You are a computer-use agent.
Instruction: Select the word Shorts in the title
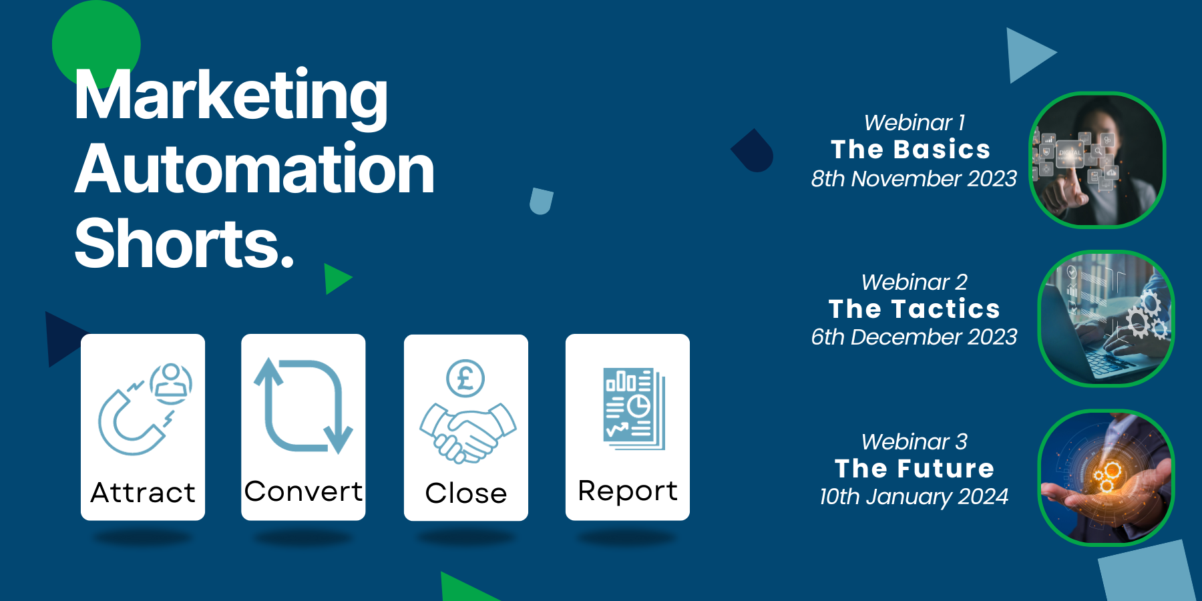[180, 243]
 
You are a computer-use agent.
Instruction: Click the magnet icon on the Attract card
[131, 421]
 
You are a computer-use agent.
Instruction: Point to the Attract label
[143, 493]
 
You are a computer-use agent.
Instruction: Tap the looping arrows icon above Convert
[303, 406]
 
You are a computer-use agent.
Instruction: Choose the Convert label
[303, 491]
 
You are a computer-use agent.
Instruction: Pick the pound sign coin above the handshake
[465, 379]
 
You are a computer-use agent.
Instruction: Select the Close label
[466, 493]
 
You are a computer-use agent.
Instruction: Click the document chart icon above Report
[634, 408]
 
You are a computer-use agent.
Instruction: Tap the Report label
[628, 491]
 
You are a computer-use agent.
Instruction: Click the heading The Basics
[911, 150]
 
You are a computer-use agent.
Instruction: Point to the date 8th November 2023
[914, 178]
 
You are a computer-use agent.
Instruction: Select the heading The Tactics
[914, 309]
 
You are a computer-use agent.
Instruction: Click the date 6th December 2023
[914, 337]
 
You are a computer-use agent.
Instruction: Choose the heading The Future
[914, 469]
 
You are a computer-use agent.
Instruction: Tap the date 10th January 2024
[914, 497]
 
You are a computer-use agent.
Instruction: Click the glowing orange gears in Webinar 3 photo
[1105, 475]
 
